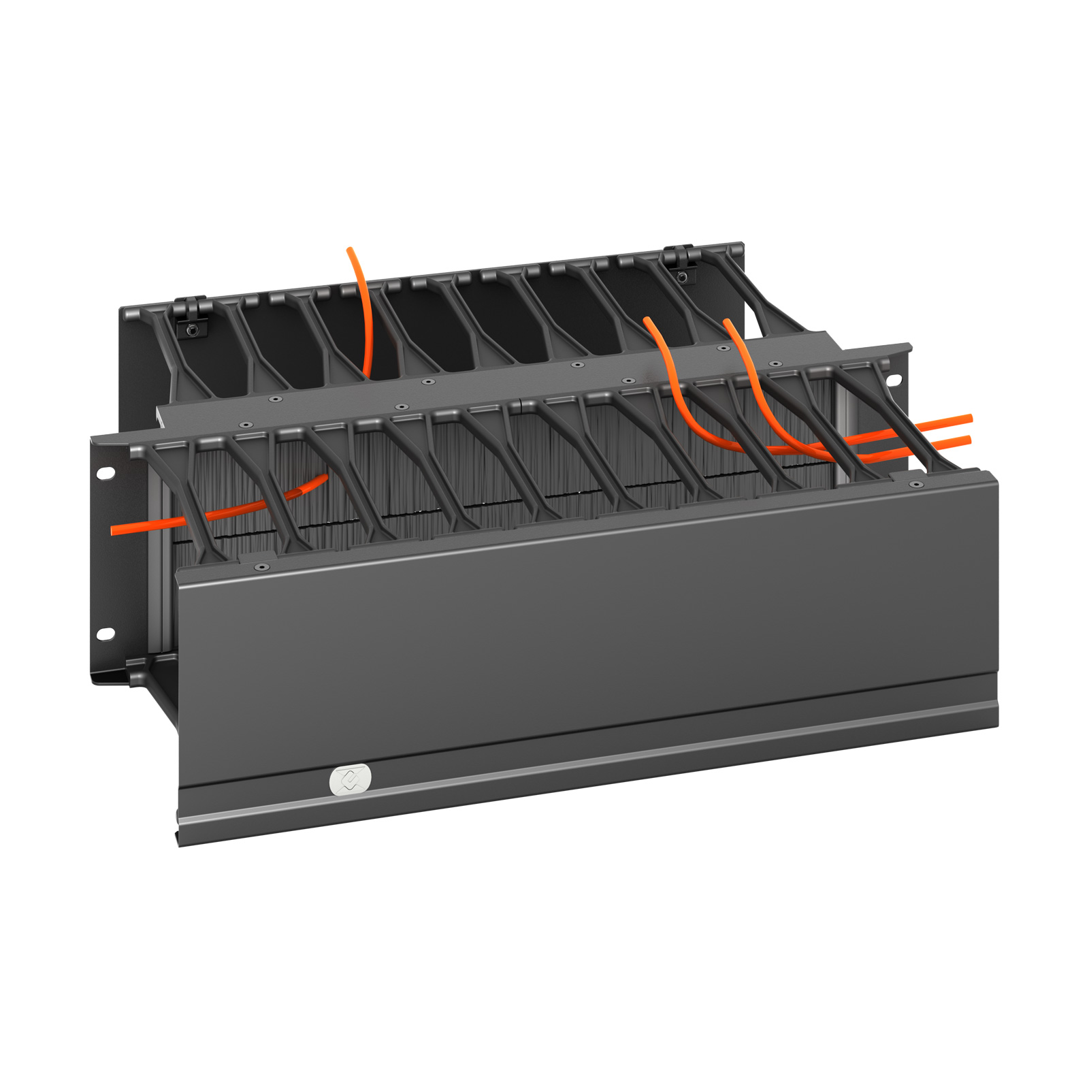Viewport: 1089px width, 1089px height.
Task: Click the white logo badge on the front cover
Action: [x=351, y=779]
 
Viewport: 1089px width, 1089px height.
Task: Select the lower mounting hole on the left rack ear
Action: [x=105, y=634]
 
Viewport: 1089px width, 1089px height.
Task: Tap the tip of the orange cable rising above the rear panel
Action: [x=350, y=250]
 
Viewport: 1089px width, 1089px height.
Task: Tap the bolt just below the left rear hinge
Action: [x=193, y=330]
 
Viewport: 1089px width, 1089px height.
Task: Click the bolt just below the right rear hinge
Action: [x=682, y=276]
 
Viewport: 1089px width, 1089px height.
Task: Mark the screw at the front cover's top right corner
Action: [x=916, y=485]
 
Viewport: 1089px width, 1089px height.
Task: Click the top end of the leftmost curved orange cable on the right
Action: [x=647, y=320]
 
